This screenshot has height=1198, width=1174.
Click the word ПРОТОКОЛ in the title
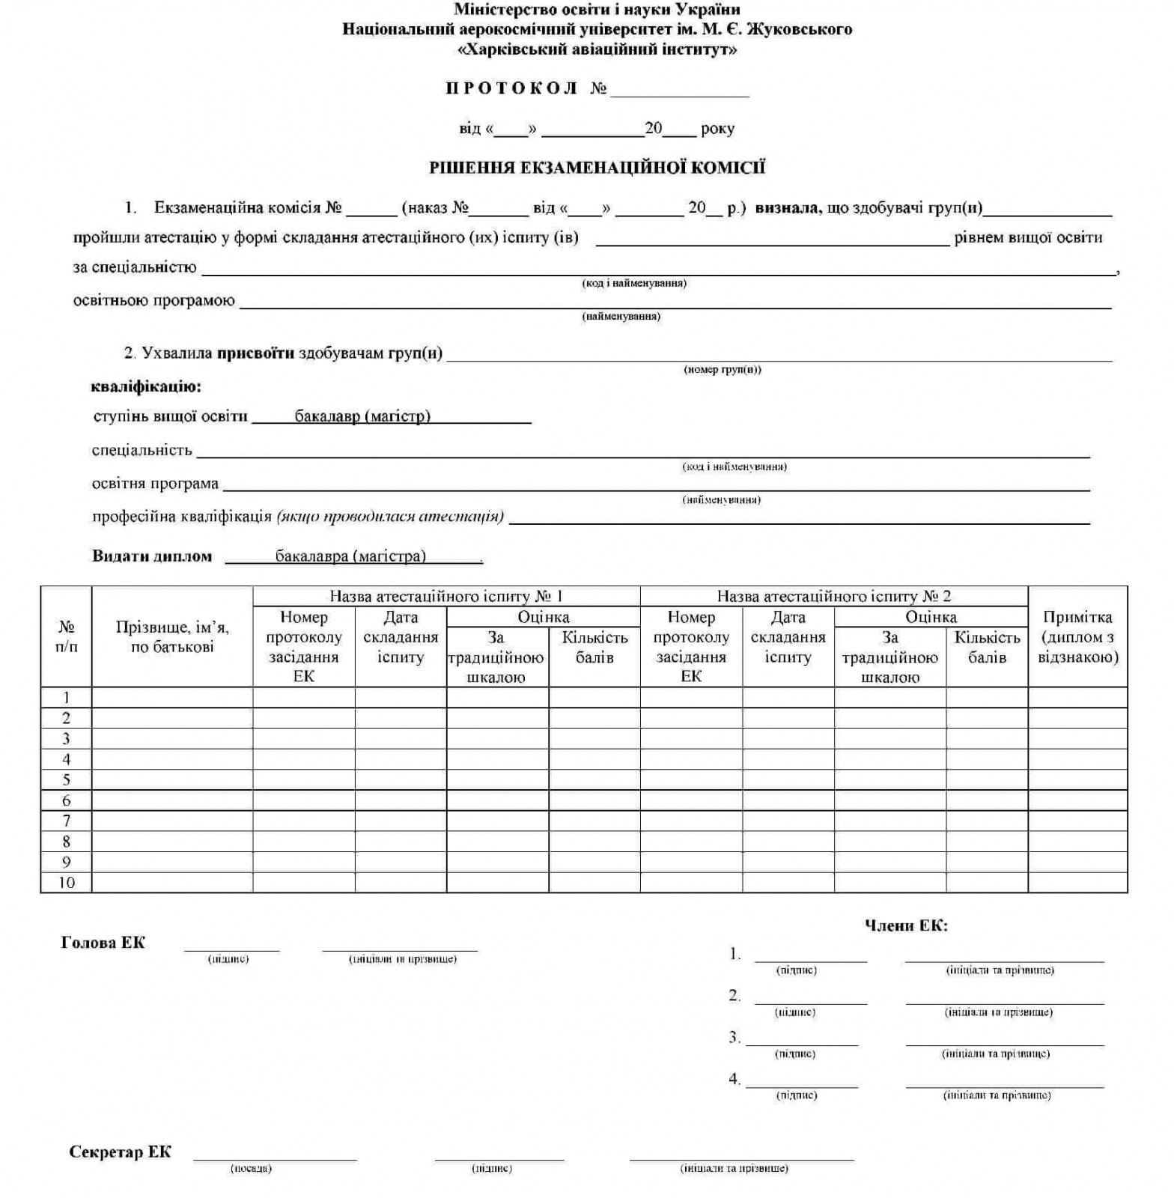coord(511,88)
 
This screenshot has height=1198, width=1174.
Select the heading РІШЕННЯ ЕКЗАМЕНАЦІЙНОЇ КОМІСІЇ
coord(597,168)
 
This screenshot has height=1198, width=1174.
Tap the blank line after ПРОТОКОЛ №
coord(679,91)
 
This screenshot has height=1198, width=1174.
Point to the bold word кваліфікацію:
coord(146,387)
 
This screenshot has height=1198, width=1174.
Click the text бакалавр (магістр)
coord(362,416)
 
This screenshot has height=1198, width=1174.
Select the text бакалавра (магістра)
coord(350,556)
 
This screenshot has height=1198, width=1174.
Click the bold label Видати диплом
coord(152,556)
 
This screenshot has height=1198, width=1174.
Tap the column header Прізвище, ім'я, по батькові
coord(172,637)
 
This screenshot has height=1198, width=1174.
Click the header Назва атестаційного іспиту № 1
coord(446,597)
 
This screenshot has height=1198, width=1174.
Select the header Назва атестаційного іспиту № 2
coord(833,597)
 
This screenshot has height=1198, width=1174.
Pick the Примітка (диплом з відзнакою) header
coord(1077,637)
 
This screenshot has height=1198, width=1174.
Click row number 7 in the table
coord(67,821)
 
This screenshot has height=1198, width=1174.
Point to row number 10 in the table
coord(67,883)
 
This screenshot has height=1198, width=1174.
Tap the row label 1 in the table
coord(67,698)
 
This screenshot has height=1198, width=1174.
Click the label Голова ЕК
coord(103,943)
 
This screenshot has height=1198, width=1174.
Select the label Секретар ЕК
coord(120,1152)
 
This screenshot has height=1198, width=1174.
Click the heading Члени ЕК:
coord(906,925)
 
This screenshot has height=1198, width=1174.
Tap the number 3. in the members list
coord(734,1038)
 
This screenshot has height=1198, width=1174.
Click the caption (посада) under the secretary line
coord(251,1169)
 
